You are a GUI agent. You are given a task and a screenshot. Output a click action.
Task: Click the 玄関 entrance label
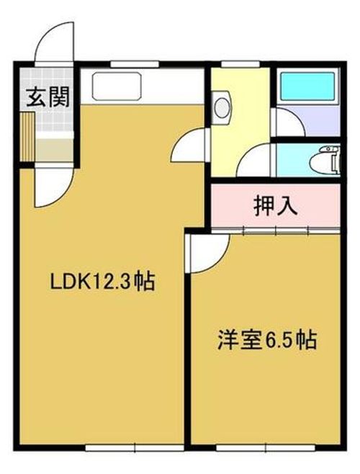coord(48,97)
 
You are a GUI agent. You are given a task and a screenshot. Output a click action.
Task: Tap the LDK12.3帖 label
coord(102,281)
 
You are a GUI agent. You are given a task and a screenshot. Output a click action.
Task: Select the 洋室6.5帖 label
coord(267,340)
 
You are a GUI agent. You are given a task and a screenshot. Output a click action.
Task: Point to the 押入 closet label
coord(276,206)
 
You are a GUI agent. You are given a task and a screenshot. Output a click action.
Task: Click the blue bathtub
coord(308,86)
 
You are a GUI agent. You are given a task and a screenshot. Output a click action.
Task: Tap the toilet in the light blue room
coord(325,160)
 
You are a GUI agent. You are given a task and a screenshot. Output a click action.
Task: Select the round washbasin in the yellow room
coord(222,107)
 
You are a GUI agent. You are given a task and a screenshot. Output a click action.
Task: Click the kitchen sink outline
coord(117,86)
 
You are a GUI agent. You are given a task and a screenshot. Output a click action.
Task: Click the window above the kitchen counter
coord(135,64)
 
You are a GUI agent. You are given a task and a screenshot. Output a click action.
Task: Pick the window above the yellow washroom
coord(240,64)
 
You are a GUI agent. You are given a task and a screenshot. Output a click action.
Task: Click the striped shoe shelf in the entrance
coord(27,137)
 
